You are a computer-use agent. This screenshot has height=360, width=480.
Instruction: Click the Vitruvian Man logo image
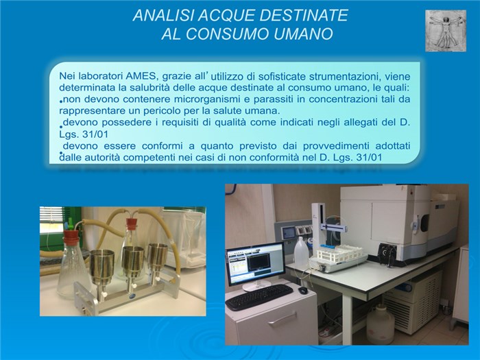(x=446, y=31)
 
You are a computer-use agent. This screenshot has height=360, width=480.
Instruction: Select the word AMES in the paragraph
(x=141, y=76)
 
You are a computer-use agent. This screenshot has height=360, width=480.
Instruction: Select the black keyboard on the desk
(x=259, y=297)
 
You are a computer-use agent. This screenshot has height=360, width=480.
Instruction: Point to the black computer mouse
(x=303, y=289)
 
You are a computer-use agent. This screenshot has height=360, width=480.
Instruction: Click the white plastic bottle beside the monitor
(x=300, y=252)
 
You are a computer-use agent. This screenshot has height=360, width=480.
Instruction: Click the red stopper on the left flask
(x=71, y=235)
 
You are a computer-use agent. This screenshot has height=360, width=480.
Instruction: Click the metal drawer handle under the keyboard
(x=283, y=319)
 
